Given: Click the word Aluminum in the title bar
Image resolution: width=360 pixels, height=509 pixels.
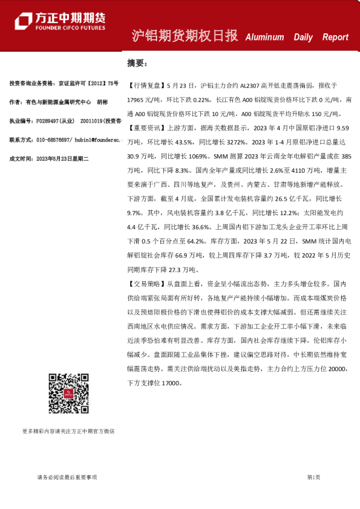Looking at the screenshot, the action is pos(264,37).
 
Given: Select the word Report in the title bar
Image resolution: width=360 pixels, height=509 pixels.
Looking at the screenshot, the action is pos(335,37).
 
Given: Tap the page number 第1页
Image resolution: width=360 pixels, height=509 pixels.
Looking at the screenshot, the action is pos(313,478).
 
